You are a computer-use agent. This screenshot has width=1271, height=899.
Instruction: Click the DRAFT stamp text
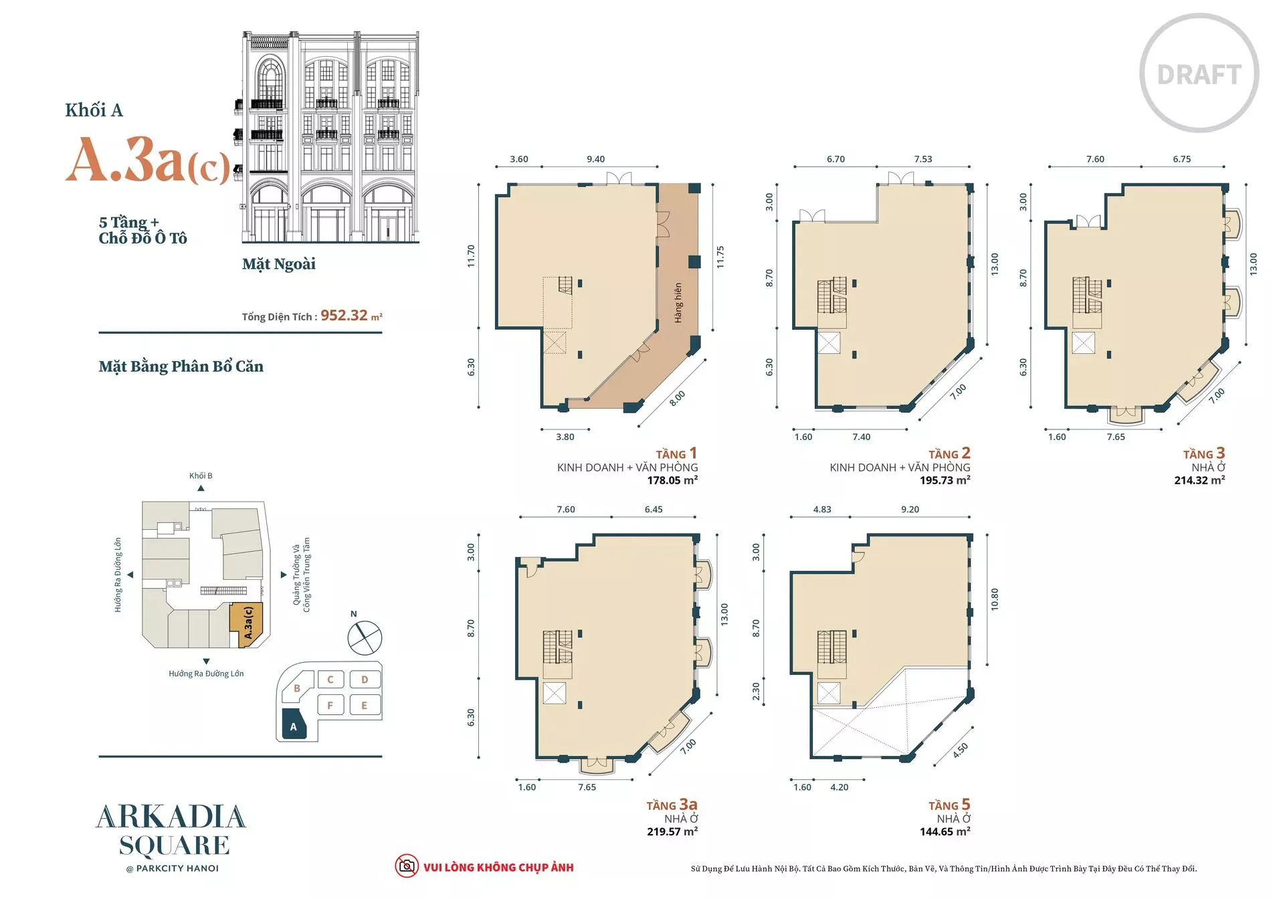point(1199,74)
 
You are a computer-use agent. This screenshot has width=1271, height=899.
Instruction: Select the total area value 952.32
point(344,315)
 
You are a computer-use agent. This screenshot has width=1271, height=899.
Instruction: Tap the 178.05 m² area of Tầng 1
point(672,480)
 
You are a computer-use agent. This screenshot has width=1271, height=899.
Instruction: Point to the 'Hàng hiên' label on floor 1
point(678,303)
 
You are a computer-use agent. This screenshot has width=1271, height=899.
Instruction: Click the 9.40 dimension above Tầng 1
point(595,159)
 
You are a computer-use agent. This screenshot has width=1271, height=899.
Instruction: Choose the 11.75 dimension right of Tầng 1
point(720,258)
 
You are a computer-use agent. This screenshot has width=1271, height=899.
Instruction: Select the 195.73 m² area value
point(945,480)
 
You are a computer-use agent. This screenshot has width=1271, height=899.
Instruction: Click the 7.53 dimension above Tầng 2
point(923,159)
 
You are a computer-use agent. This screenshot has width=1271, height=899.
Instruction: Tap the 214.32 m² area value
point(1199,480)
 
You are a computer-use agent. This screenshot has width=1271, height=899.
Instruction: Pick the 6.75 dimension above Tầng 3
point(1182,159)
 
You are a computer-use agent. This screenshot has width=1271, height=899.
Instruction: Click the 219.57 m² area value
point(672,831)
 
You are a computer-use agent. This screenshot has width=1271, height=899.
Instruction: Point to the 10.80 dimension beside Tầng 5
point(995,599)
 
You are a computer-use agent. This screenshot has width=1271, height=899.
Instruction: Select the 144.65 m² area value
point(945,831)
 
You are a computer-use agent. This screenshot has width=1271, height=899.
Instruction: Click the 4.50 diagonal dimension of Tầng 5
point(961,751)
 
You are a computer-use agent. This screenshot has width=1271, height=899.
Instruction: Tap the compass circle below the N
point(365,637)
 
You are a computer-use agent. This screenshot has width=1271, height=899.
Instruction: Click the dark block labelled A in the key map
point(294,724)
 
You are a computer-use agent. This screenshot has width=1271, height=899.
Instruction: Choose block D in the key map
point(365,680)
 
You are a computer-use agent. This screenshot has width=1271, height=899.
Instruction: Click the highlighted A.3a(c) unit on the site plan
point(247,624)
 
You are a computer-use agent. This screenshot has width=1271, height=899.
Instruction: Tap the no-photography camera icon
point(406,866)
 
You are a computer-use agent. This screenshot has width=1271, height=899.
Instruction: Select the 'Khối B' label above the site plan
point(201,476)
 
